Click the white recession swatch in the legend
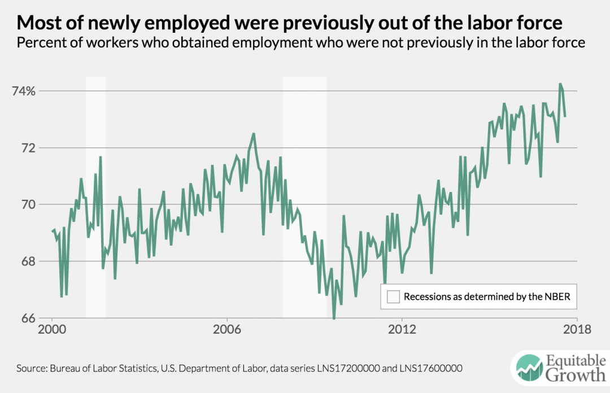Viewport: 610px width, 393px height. [x=393, y=297]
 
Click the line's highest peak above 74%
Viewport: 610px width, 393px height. [x=560, y=84]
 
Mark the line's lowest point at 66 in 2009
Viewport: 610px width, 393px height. [x=334, y=318]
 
